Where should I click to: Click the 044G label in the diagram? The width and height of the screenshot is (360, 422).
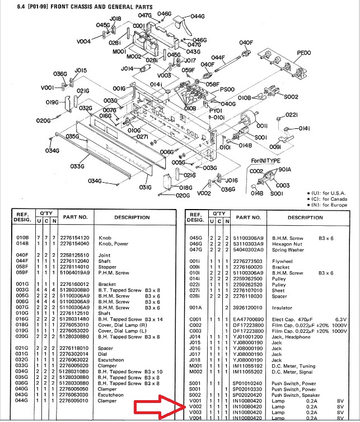(198, 16)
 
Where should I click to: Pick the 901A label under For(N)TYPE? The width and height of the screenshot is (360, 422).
(284, 169)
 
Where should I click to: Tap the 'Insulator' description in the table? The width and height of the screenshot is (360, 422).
(283, 308)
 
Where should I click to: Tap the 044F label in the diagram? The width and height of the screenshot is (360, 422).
(218, 57)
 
